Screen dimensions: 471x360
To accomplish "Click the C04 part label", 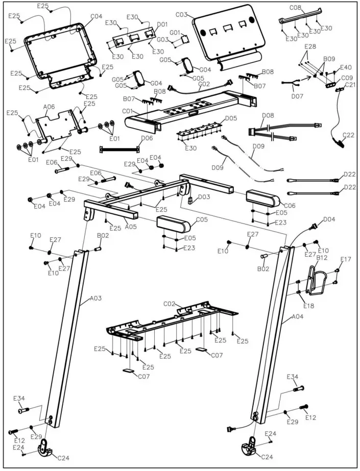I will coord(97,16).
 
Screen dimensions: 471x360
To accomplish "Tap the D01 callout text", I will coord(162,24).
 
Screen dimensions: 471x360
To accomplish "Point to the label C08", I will coord(296,8).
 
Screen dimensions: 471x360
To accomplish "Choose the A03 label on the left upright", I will coord(96,298).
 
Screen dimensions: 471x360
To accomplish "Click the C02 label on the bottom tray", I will coord(170,304).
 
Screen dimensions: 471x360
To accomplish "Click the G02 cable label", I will coord(204,84).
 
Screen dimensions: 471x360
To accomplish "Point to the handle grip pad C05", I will coord(173,223).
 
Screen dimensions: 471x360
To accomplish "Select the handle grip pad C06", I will coord(262,198).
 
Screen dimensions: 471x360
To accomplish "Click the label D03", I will coord(204,196).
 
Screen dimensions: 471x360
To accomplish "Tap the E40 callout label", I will coord(346,67).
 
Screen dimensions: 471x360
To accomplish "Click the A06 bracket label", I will coord(50,107).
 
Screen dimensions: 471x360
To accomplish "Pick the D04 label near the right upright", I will coord(329,219).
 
